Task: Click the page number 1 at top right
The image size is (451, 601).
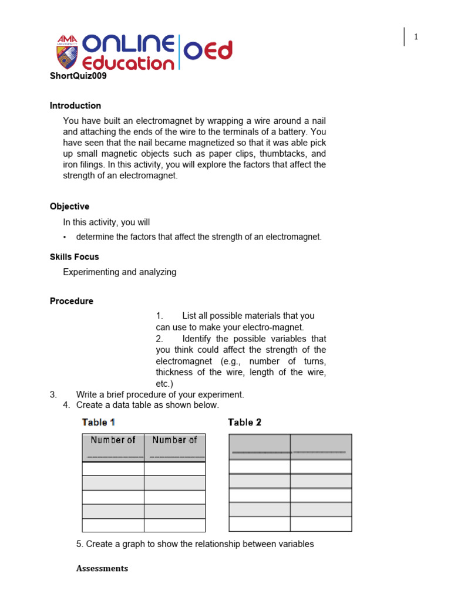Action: [x=416, y=37]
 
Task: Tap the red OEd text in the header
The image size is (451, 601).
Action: [x=208, y=51]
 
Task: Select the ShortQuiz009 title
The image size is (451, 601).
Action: [x=78, y=76]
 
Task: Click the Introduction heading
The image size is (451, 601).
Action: [x=75, y=106]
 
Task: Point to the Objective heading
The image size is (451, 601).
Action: [x=69, y=207]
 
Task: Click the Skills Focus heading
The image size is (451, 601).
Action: [x=74, y=256]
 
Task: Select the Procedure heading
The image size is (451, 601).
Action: [x=71, y=301]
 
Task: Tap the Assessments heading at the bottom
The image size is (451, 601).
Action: [x=102, y=568]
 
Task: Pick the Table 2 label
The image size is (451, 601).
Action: [x=244, y=422]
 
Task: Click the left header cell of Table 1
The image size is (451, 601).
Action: [x=113, y=448]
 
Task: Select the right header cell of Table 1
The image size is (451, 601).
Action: [x=175, y=448]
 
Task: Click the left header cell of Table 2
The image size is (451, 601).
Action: [x=259, y=447]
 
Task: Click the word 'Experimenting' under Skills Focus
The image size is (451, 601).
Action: [x=90, y=272]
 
